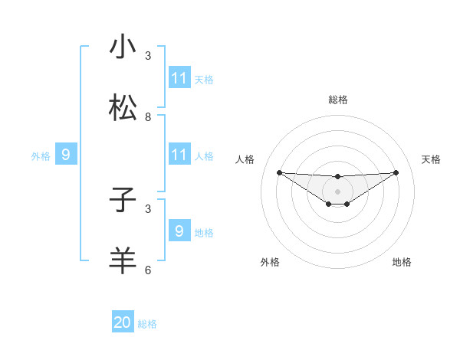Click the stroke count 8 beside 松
click(148, 117)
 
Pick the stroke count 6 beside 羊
click(148, 270)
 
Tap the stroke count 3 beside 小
click(148, 56)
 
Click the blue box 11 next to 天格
click(179, 78)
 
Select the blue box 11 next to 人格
click(179, 155)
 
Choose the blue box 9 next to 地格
click(179, 231)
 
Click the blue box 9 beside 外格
click(66, 155)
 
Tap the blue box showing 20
click(123, 322)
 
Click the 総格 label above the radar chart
click(337, 100)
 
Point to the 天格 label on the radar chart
click(432, 159)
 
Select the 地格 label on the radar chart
click(402, 262)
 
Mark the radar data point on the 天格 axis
click(396, 172)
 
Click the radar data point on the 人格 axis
click(279, 172)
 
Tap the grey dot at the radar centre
click(337, 191)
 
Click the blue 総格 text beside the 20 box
click(147, 324)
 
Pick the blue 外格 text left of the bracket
click(41, 156)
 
